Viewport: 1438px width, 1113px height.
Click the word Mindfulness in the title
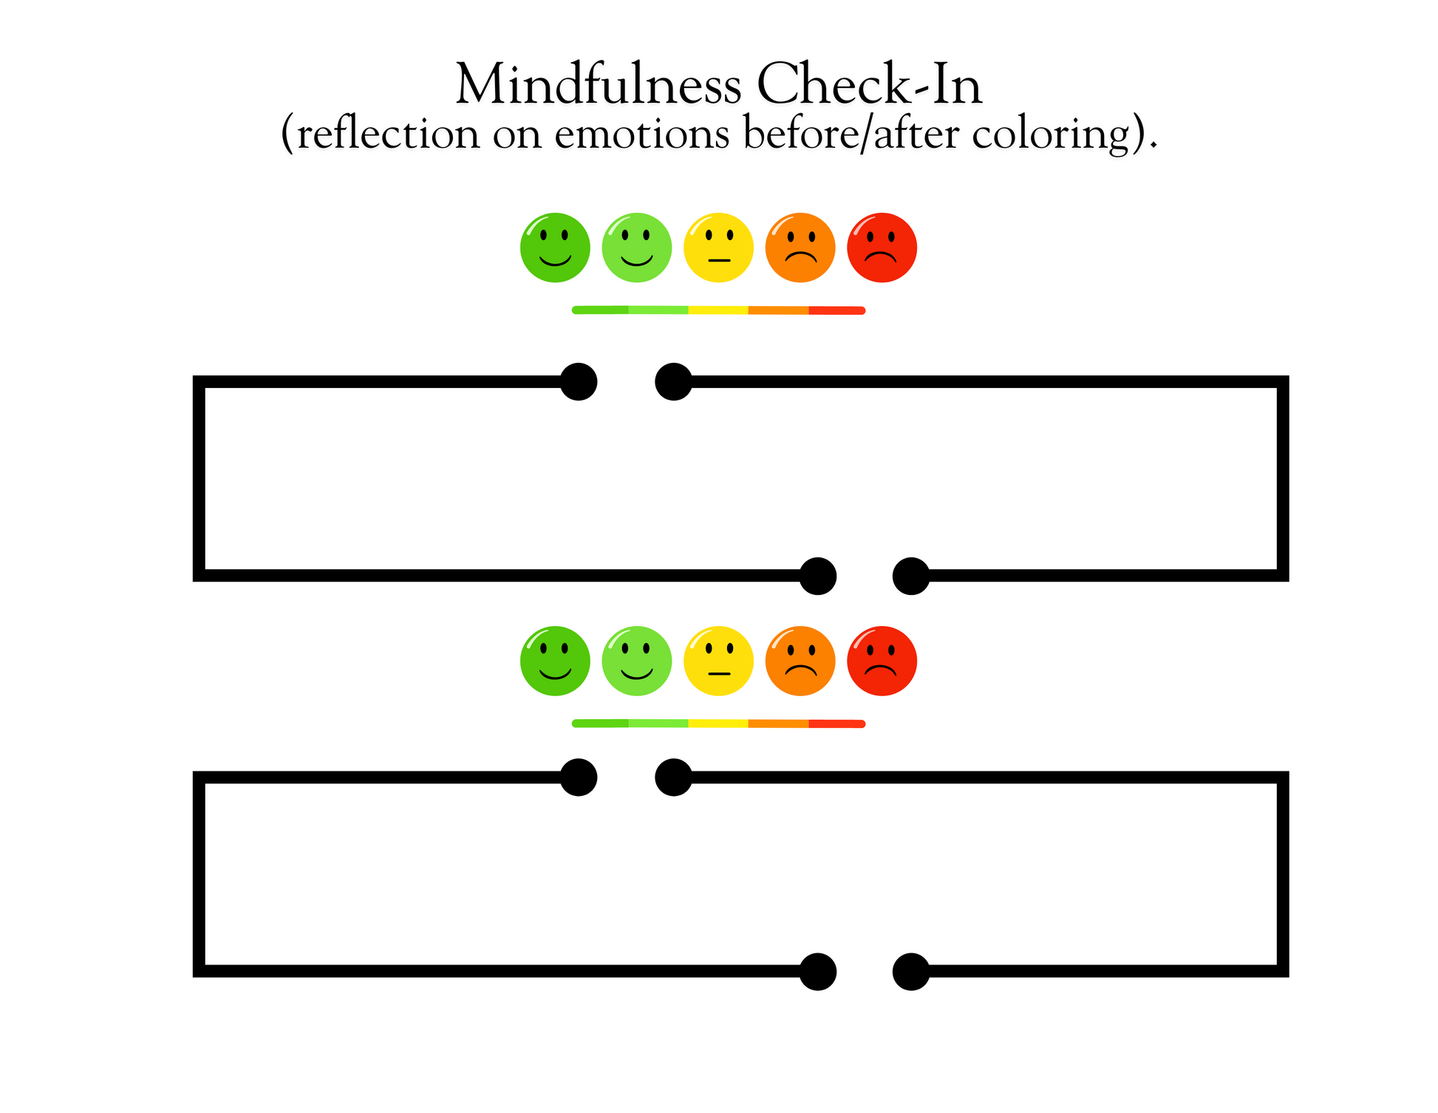[x=599, y=84]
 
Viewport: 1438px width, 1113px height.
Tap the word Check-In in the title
[x=870, y=84]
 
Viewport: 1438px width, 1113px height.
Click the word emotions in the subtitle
[x=642, y=135]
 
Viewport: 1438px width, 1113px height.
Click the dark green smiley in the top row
[x=555, y=248]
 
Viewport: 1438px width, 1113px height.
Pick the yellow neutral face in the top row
[x=718, y=248]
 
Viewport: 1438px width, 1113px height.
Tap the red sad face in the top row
[x=882, y=248]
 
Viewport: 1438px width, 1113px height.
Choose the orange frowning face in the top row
[x=800, y=248]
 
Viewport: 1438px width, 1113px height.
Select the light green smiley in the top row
[x=637, y=248]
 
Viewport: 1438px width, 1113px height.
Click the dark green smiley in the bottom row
[x=555, y=661]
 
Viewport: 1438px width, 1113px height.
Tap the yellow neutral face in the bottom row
[x=718, y=661]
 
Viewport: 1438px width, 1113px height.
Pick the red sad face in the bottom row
[x=882, y=661]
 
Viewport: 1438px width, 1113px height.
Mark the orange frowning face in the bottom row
[x=800, y=661]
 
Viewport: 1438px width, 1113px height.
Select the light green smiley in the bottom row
[x=637, y=661]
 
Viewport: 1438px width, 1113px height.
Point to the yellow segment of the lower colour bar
[x=718, y=724]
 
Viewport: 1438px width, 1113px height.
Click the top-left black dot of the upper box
[x=579, y=381]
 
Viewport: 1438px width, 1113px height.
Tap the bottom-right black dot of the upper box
[x=911, y=576]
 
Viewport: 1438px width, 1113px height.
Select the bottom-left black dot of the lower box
[x=818, y=971]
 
